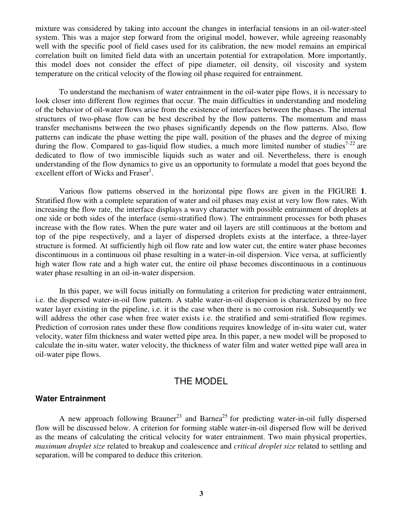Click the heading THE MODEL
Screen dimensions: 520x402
pos(201,381)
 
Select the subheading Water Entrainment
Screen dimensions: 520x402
pos(70,399)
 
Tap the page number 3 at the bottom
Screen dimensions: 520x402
pos(201,493)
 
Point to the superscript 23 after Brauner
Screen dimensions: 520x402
pos(179,416)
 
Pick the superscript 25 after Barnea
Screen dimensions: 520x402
pos(225,416)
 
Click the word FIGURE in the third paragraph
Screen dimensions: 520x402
pos(341,191)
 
